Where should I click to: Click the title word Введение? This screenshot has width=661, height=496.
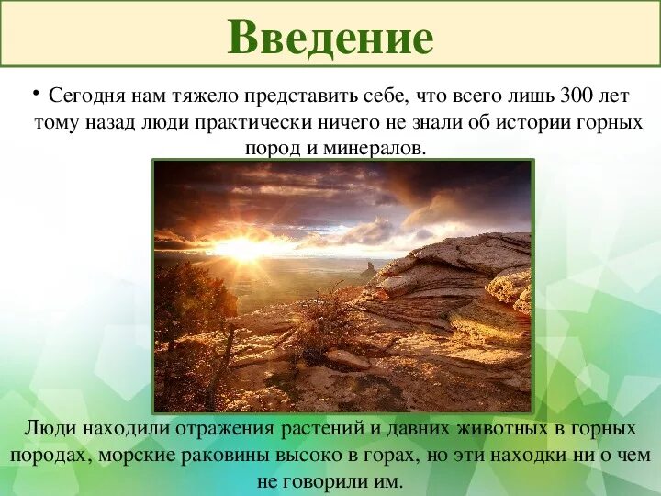pyautogui.click(x=330, y=38)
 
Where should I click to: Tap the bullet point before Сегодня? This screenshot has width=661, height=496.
pyautogui.click(x=35, y=92)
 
